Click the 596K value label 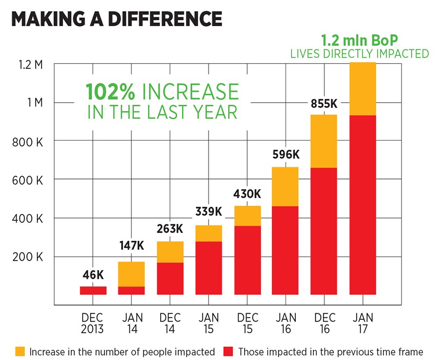285,156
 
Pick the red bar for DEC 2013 93,290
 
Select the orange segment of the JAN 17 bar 363,89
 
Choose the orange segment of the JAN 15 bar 209,233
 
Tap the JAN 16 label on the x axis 285,323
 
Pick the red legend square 228,351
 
